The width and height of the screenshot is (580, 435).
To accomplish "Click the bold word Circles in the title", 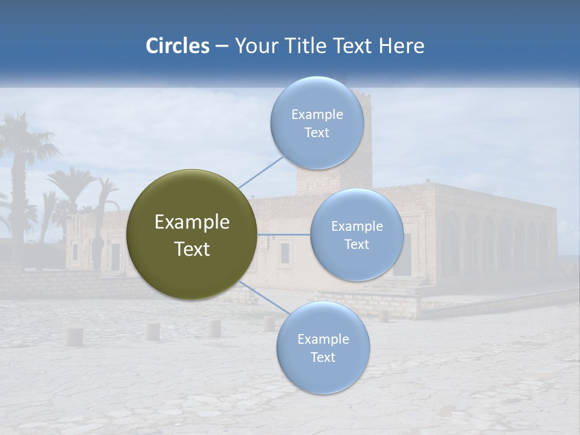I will [177, 46].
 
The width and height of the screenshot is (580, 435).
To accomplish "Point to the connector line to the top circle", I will [260, 172].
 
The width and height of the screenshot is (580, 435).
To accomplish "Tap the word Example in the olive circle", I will [192, 222].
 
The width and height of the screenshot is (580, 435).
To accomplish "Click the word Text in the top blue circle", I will [317, 133].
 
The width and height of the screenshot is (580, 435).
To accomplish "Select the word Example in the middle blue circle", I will [356, 227].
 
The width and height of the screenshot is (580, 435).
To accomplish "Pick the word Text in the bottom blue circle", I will [323, 357].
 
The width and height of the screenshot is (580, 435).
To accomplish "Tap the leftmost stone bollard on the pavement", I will [74, 337].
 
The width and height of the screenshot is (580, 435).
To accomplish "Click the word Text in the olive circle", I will [192, 249].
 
